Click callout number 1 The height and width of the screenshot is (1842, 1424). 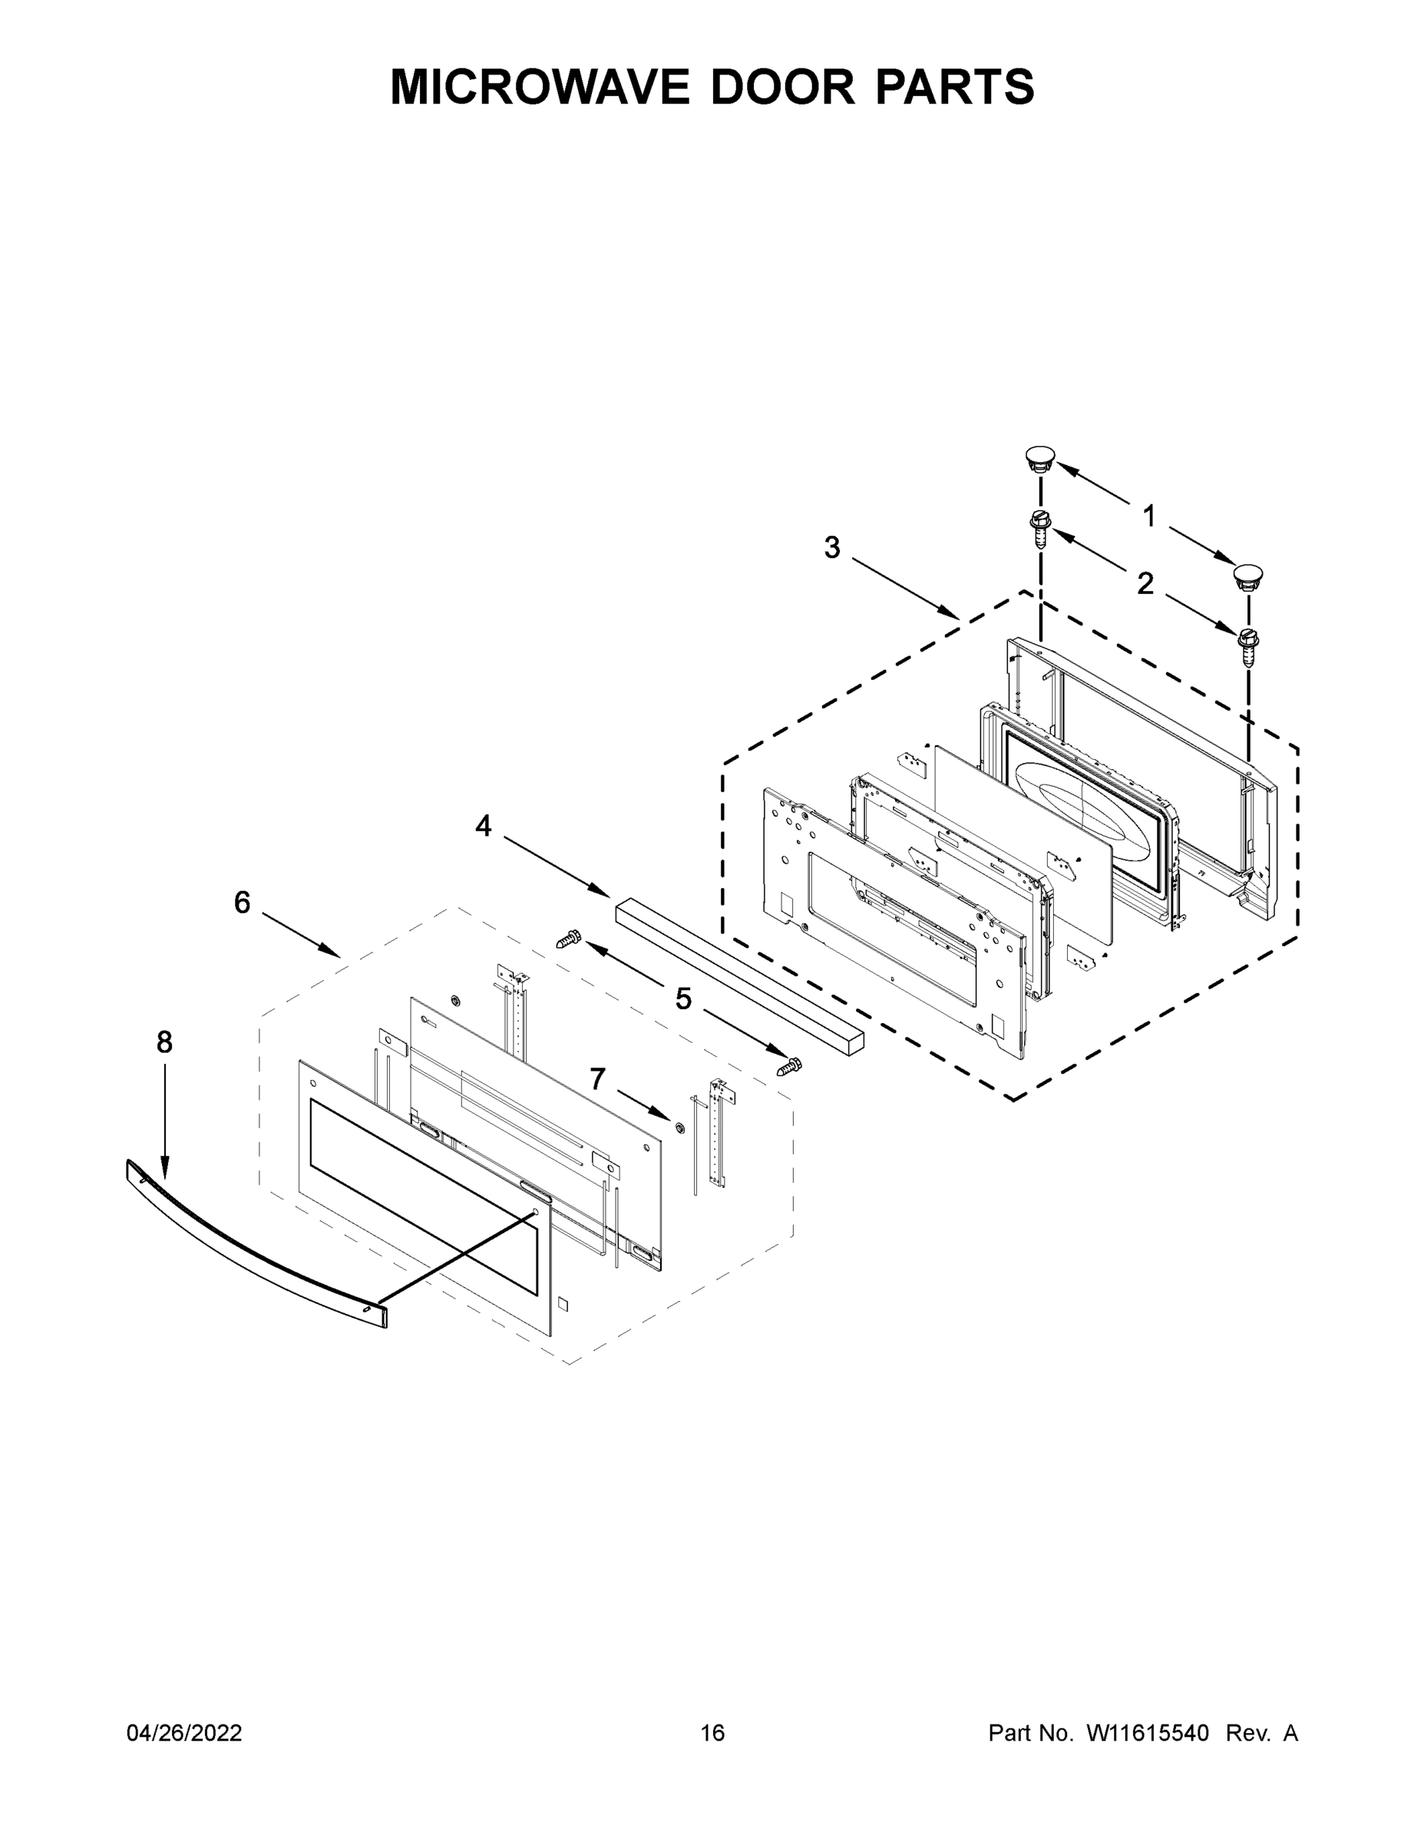point(1149,515)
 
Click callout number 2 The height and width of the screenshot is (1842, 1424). point(1145,583)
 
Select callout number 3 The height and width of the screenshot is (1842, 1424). point(832,547)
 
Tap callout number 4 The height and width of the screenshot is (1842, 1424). point(483,826)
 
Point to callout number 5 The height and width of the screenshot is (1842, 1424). point(683,999)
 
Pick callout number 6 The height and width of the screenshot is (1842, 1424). point(242,903)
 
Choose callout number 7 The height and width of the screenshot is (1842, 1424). point(597,1078)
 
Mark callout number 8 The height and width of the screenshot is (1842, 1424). point(164,1042)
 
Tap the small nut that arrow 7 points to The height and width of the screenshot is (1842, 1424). point(679,1127)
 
